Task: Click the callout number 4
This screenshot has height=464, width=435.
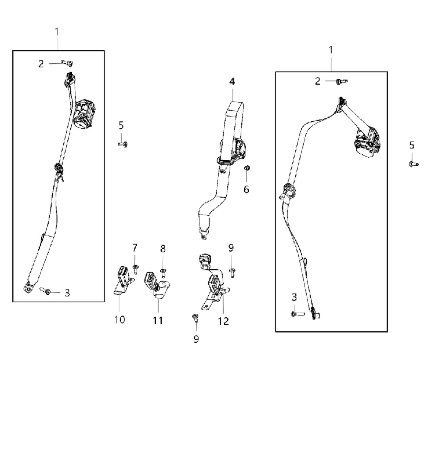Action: pyautogui.click(x=232, y=81)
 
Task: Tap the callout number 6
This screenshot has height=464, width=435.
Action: pyautogui.click(x=246, y=190)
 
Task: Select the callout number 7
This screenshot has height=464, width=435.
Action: pyautogui.click(x=135, y=248)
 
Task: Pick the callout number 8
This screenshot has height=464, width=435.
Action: pyautogui.click(x=163, y=249)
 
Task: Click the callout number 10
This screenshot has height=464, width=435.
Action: pyautogui.click(x=119, y=320)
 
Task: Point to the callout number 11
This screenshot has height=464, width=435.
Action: pyautogui.click(x=158, y=321)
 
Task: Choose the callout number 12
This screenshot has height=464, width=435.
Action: pyautogui.click(x=223, y=321)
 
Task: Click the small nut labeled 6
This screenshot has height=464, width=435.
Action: pyautogui.click(x=247, y=168)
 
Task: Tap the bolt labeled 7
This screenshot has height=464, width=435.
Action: pyautogui.click(x=136, y=269)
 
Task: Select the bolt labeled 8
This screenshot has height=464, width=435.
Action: pyautogui.click(x=163, y=273)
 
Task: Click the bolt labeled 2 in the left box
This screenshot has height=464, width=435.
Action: pyautogui.click(x=67, y=63)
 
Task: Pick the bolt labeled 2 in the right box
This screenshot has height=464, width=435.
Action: pyautogui.click(x=341, y=81)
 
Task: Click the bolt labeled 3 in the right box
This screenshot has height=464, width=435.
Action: pyautogui.click(x=298, y=314)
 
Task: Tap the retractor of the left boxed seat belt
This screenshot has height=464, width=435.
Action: pyautogui.click(x=84, y=114)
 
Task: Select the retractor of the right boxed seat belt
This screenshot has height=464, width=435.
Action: pyautogui.click(x=368, y=142)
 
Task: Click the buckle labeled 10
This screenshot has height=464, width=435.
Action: pyautogui.click(x=123, y=280)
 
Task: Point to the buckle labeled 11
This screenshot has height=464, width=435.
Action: pyautogui.click(x=156, y=285)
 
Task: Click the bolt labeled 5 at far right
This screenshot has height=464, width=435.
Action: pyautogui.click(x=414, y=164)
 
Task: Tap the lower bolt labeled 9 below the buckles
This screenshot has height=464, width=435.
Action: pyautogui.click(x=195, y=318)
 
